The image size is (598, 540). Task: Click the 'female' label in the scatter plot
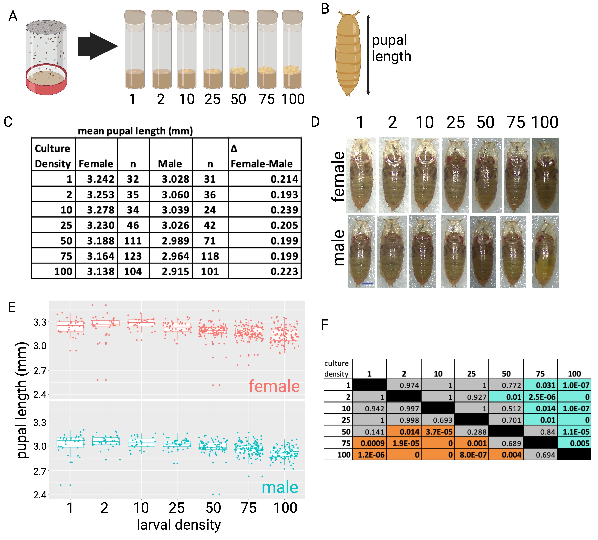[x=274, y=386]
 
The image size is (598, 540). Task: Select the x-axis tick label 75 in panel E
[x=249, y=508]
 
